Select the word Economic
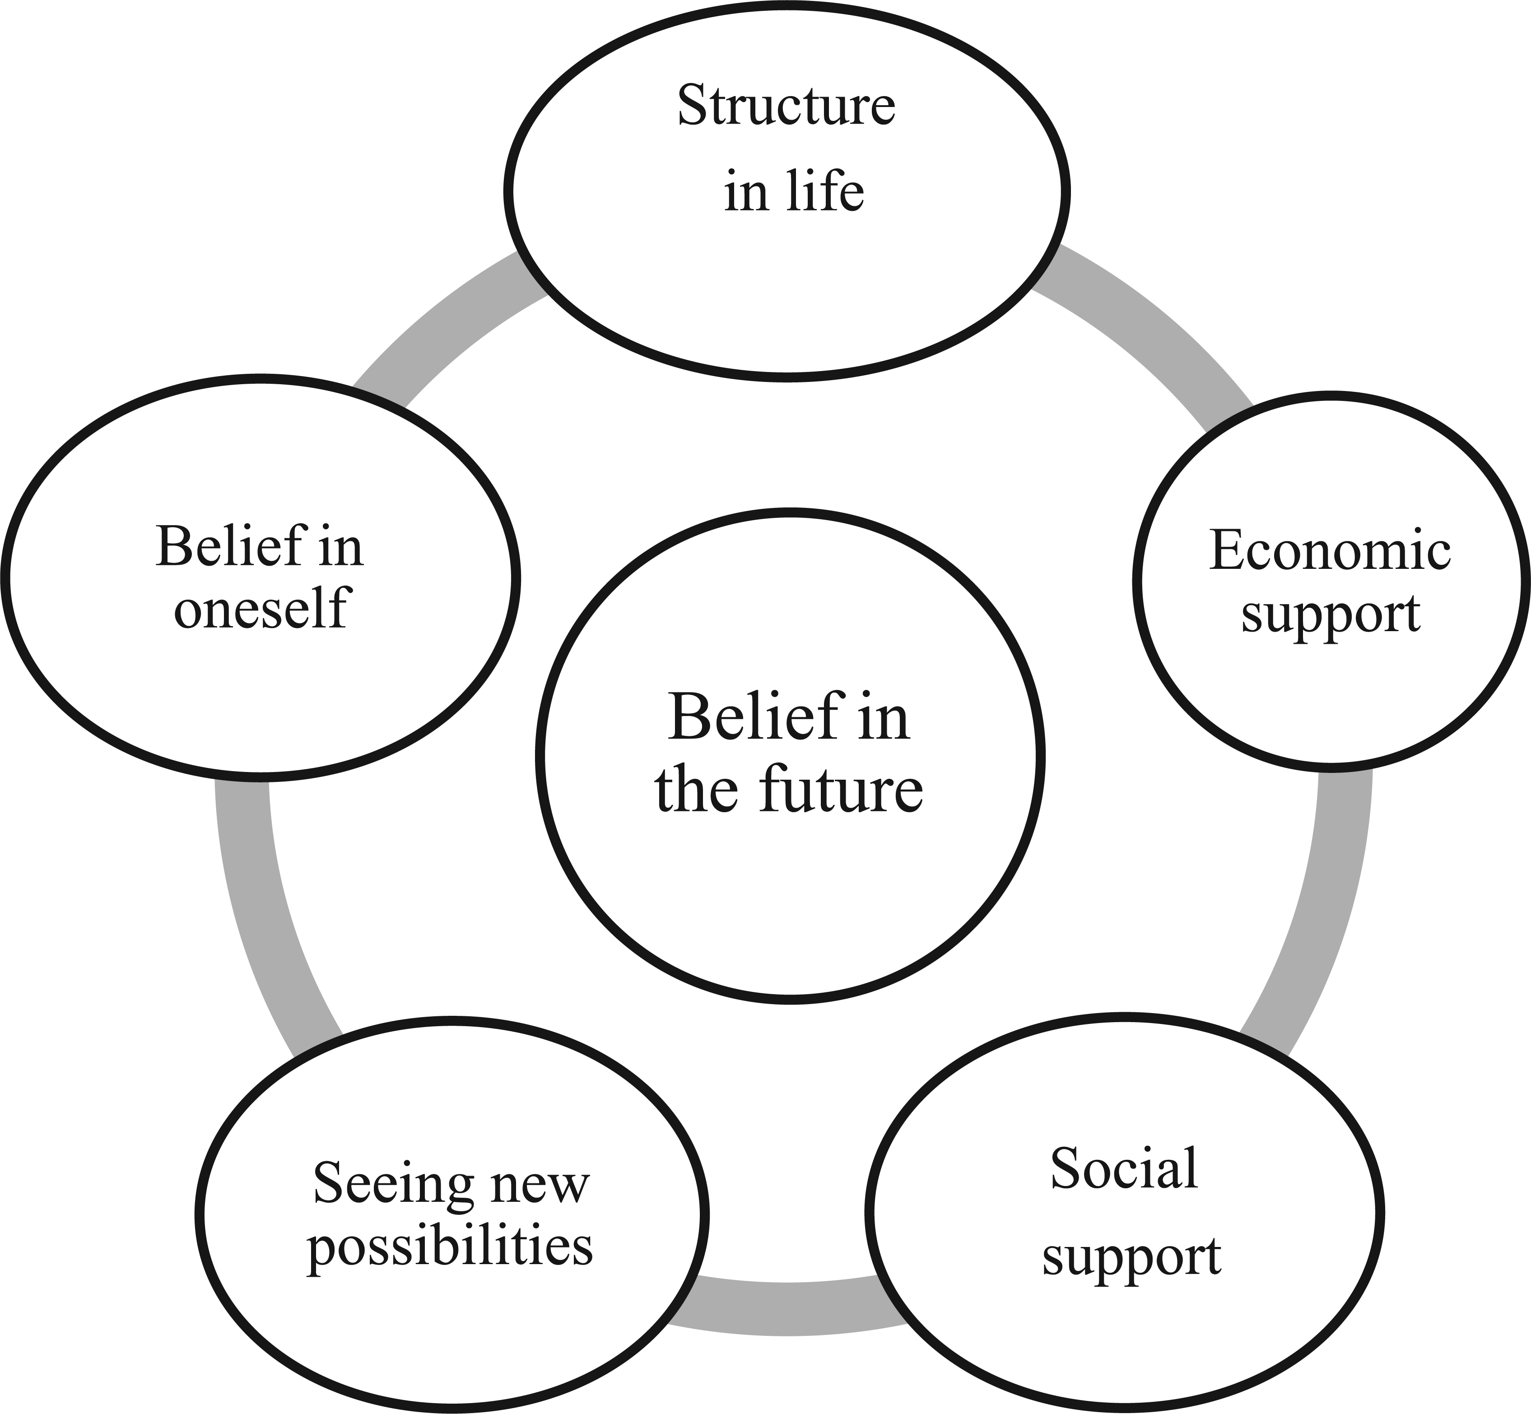tap(1330, 549)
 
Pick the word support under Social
tap(1131, 1256)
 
